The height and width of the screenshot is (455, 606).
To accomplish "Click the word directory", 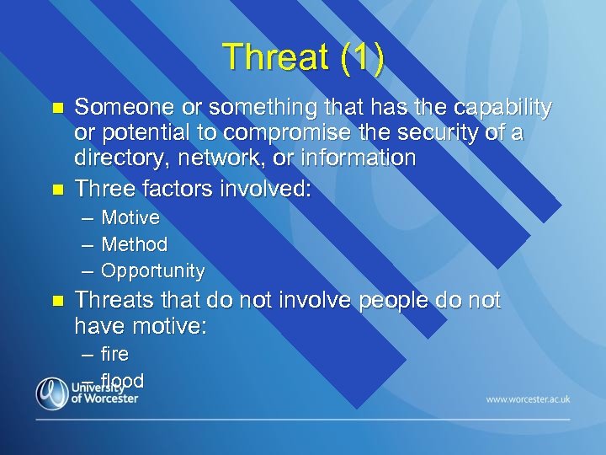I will [x=117, y=158].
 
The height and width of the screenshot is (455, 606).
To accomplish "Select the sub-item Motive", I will [x=130, y=218].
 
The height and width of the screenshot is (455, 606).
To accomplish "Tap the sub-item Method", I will [x=135, y=244].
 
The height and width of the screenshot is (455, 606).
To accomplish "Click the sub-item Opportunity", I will [x=152, y=271].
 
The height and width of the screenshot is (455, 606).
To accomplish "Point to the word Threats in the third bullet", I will [x=113, y=301].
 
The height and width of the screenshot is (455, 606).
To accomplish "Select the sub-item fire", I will [x=114, y=354].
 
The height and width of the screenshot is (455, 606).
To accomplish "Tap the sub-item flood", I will [x=123, y=380].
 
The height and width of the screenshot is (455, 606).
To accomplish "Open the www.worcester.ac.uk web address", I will [x=528, y=399].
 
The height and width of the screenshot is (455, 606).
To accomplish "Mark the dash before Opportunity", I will [x=88, y=271].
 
